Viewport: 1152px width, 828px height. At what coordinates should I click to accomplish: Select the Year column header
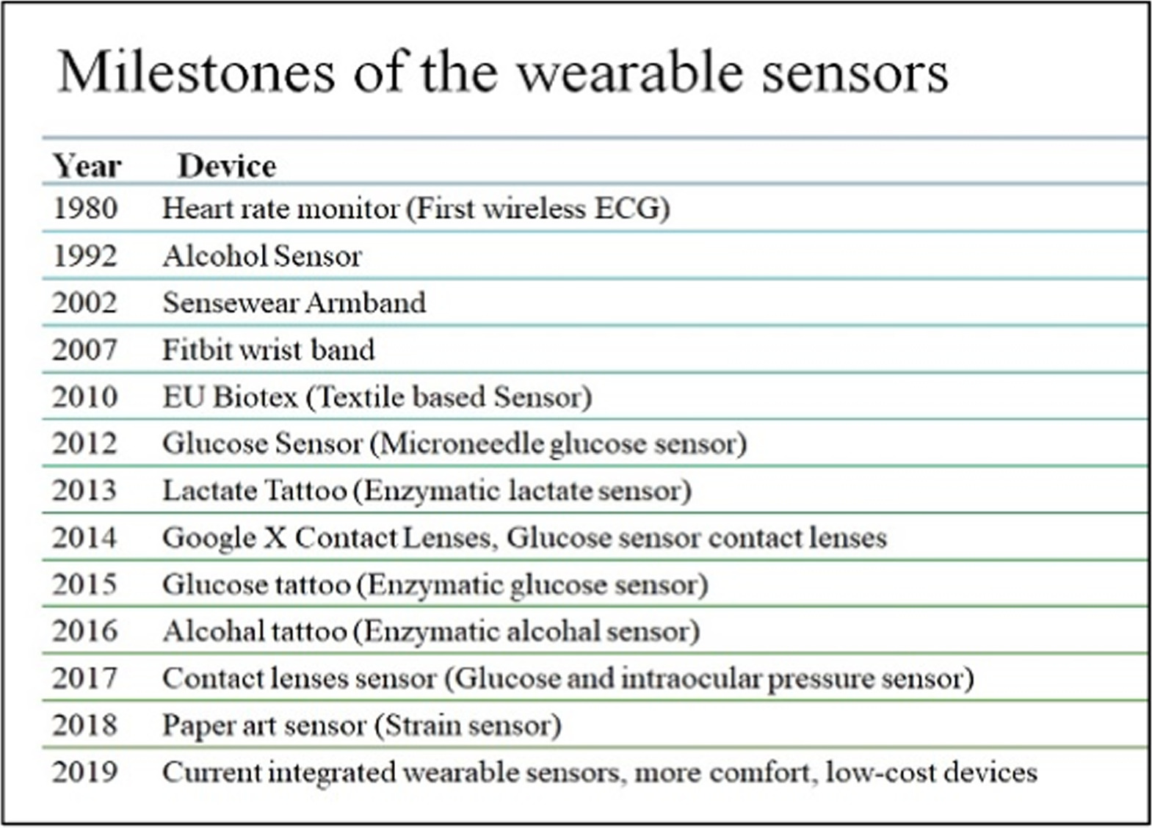87,166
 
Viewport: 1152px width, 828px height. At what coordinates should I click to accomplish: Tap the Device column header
227,166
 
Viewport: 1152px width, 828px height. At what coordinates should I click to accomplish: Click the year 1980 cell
85,208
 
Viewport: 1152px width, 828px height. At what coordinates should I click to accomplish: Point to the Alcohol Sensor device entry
262,256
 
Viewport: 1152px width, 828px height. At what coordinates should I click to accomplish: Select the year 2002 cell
84,302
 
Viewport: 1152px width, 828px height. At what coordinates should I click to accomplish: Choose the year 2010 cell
84,397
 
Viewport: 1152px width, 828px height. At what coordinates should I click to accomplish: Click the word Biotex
255,397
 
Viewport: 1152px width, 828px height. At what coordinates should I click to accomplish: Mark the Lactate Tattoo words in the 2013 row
254,490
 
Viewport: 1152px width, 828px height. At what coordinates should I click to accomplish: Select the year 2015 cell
84,584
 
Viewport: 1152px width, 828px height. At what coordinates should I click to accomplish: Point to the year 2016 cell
84,631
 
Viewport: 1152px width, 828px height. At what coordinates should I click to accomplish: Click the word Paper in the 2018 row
190,726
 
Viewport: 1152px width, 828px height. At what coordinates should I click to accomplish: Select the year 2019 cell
84,772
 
